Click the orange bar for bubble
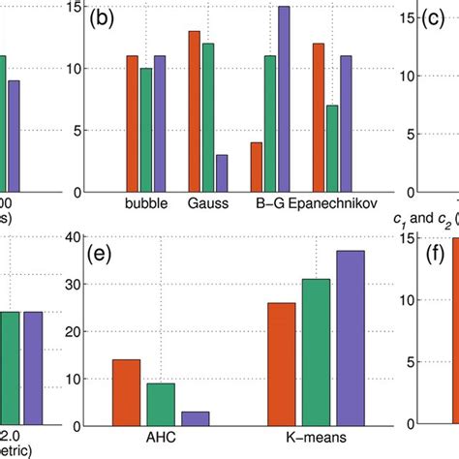133,124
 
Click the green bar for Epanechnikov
332,148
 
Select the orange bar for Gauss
194,111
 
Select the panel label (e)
101,256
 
